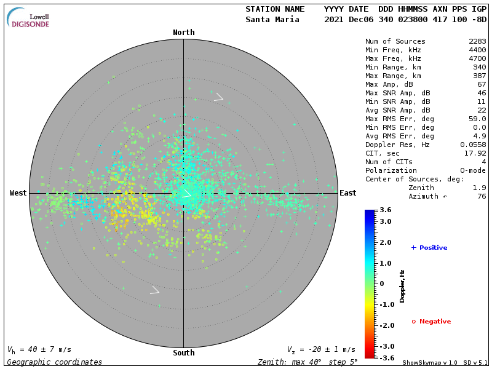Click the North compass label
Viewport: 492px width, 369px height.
coord(183,33)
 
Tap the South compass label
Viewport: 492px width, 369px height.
coord(183,353)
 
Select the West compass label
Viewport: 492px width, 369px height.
coord(18,193)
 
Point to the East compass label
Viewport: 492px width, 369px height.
coord(347,193)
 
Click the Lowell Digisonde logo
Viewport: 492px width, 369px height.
coord(30,18)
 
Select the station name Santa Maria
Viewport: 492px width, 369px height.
coord(272,19)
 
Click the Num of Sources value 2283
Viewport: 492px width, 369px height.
coord(477,41)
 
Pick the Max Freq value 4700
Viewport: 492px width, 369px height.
coord(477,58)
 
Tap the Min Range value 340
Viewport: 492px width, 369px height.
coord(480,67)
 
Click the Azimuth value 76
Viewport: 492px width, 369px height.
coord(482,196)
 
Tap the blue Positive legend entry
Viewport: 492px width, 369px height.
coord(429,247)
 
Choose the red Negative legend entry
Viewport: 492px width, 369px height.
coord(431,322)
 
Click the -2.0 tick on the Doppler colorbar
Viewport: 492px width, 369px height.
coord(386,325)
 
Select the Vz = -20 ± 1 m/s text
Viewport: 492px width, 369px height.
coord(321,349)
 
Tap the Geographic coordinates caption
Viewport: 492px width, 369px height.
coord(55,362)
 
